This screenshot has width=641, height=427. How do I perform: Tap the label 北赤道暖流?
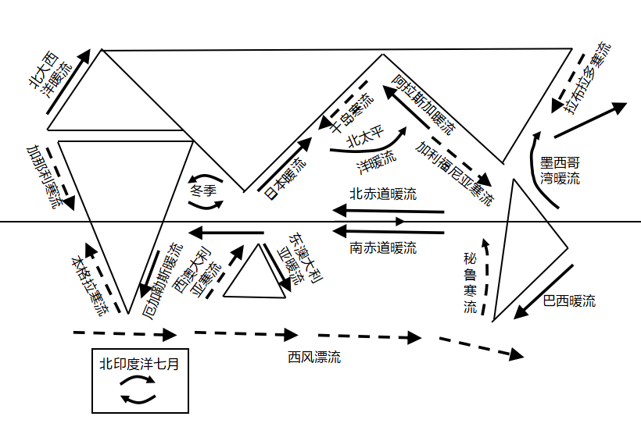click(383, 193)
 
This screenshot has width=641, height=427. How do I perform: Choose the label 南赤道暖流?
click(383, 248)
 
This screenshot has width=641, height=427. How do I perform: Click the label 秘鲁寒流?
click(470, 283)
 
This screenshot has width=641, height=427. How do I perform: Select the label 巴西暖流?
click(569, 301)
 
